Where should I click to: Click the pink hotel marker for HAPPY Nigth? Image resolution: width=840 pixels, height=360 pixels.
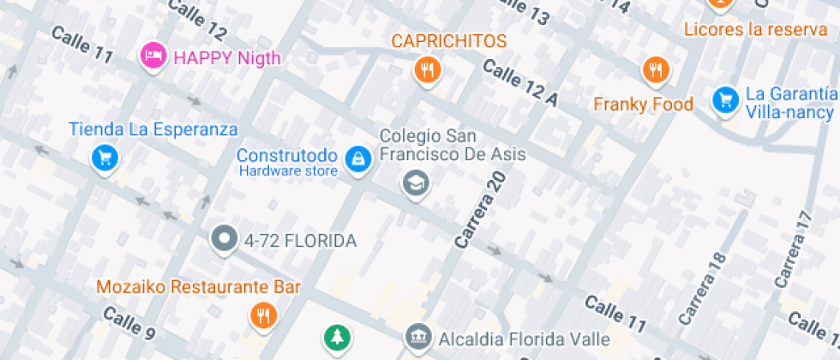pos(153,57)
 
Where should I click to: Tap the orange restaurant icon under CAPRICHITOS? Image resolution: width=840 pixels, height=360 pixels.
pos(426,69)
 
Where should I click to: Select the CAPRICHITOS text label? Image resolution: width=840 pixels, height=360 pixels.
pos(449,41)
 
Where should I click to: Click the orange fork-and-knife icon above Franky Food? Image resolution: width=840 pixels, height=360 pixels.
pos(656,70)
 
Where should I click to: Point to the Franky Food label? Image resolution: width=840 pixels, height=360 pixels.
pos(644,105)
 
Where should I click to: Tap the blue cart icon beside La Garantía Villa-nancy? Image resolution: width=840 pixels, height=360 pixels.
pos(725,99)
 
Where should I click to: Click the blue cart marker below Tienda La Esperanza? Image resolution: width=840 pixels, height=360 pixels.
pos(105,158)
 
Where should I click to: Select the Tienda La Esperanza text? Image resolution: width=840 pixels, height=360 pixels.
pos(153,130)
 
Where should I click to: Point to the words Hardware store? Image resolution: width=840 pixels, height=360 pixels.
pos(288,171)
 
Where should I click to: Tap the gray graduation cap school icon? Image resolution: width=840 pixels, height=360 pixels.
pos(416,182)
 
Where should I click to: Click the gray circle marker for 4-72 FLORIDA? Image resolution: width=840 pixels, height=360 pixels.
pos(225,240)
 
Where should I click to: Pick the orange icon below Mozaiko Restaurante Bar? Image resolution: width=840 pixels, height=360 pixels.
pos(263,315)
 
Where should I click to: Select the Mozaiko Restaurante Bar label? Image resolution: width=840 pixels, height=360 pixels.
pos(198,287)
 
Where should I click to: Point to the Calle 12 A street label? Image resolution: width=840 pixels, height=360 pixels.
pos(520,83)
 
